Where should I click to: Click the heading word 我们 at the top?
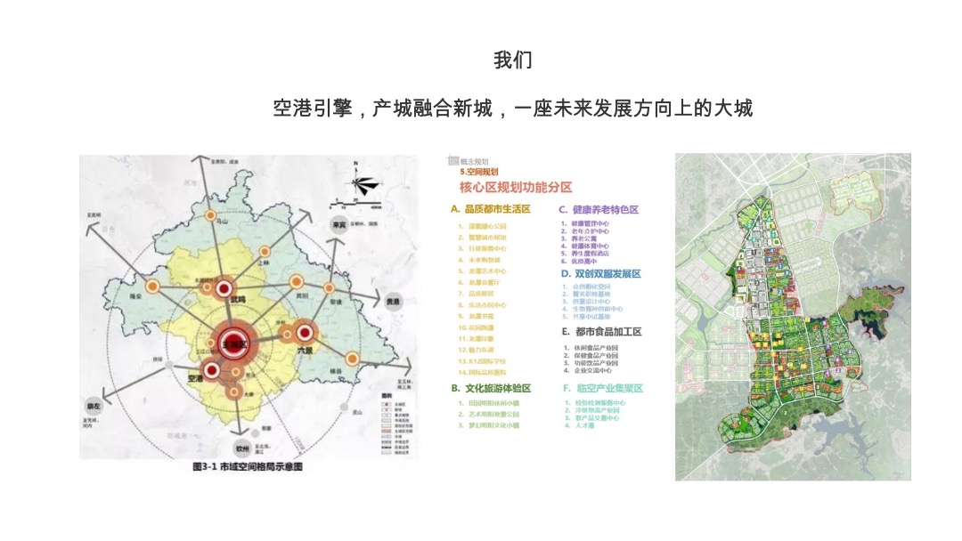513,60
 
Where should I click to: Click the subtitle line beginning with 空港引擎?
513,109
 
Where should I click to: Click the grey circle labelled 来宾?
338,226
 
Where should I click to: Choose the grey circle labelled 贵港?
393,302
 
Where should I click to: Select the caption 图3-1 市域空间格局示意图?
247,466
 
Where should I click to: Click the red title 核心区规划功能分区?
516,188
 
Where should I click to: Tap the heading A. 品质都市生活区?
490,209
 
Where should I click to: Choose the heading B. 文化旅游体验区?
491,388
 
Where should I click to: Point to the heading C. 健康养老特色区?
599,209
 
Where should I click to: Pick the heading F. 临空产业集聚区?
602,388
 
